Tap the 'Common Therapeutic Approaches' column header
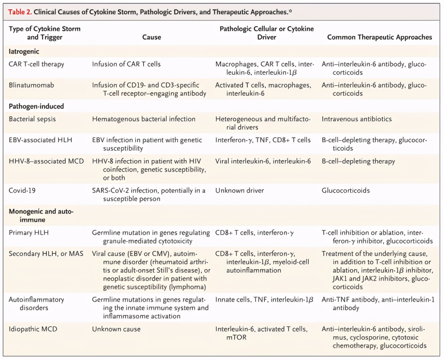(379, 37)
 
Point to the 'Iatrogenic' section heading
(24, 51)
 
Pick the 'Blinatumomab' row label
(32, 85)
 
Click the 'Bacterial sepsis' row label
(32, 119)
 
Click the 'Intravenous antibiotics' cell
(357, 119)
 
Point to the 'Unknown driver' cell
(240, 190)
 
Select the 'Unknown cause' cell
(116, 329)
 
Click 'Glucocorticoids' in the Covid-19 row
(346, 190)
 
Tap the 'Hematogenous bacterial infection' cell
(144, 119)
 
